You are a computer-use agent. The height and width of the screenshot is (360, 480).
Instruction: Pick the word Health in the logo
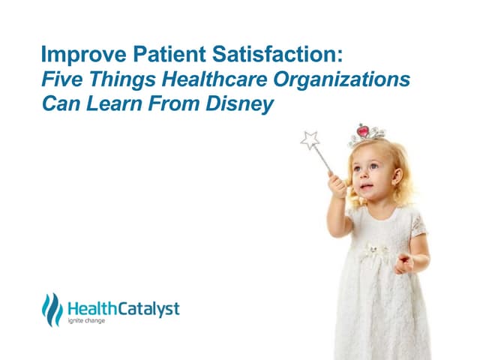89,308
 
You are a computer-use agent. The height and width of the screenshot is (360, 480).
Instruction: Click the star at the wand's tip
309,139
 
